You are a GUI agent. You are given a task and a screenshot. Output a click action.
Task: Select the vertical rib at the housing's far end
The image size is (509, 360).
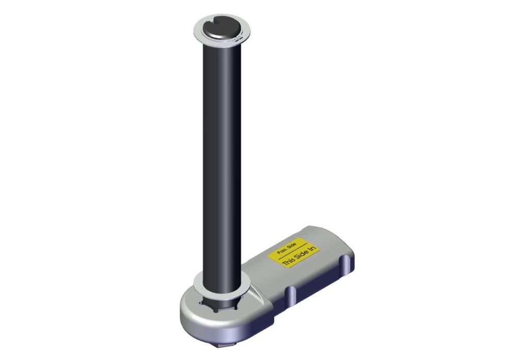point(346,264)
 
